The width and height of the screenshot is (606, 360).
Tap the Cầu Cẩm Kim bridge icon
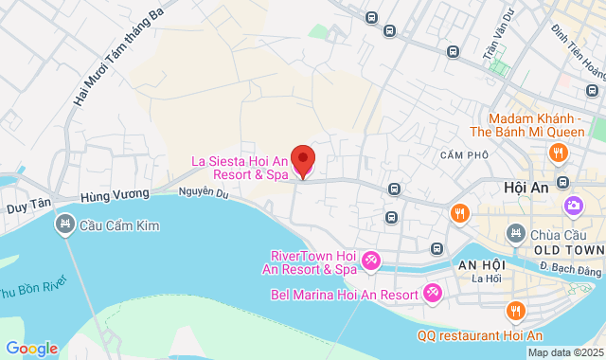65,225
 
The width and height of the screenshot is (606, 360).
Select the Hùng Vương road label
117,194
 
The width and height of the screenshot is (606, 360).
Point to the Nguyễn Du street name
204,193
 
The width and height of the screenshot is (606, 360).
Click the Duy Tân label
27,205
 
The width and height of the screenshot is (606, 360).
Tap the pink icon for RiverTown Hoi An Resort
371,260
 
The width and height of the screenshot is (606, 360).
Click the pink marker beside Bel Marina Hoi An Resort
433,293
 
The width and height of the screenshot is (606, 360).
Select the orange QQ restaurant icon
515,310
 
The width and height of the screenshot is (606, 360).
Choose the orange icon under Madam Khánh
560,153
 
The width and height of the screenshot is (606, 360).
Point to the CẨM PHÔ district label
464,154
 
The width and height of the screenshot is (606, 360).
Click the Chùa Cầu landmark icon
516,232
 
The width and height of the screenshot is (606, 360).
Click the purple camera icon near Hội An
573,206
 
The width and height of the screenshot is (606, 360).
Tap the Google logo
30,348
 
